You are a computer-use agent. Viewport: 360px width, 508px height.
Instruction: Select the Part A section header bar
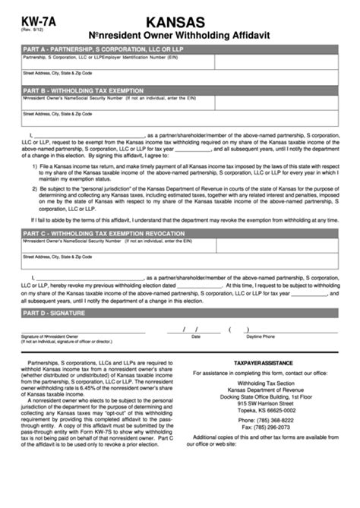pos(179,49)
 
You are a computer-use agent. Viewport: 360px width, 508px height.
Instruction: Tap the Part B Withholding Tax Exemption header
pos(179,90)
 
